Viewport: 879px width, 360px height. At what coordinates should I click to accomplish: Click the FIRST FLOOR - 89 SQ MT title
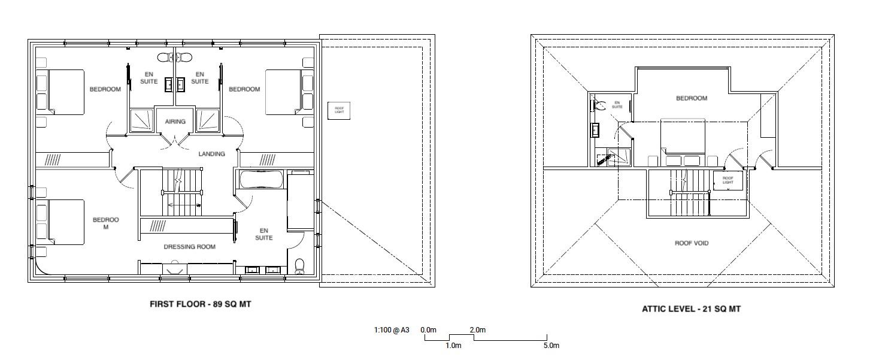200,304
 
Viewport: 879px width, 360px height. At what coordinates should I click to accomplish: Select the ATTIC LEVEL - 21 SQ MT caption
691,309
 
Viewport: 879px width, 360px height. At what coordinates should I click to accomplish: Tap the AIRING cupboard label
175,122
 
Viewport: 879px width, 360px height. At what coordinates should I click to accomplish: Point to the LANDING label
211,154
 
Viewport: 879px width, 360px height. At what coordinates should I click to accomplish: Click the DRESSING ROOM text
189,247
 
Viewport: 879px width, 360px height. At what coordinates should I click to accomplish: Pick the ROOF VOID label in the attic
692,243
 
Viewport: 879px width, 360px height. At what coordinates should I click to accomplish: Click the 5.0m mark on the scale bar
551,346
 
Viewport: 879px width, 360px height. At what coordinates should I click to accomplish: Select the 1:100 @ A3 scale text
392,330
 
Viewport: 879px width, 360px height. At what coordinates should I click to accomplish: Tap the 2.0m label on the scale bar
477,330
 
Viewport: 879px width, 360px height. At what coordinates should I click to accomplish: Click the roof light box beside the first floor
339,111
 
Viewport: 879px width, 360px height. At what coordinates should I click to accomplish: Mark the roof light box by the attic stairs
728,180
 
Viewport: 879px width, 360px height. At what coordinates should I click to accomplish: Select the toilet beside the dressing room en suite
301,265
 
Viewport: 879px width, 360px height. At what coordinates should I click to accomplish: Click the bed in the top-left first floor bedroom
62,92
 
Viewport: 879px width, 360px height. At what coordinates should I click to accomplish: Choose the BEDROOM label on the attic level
692,98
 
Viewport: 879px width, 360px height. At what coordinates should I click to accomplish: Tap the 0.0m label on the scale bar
428,330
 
